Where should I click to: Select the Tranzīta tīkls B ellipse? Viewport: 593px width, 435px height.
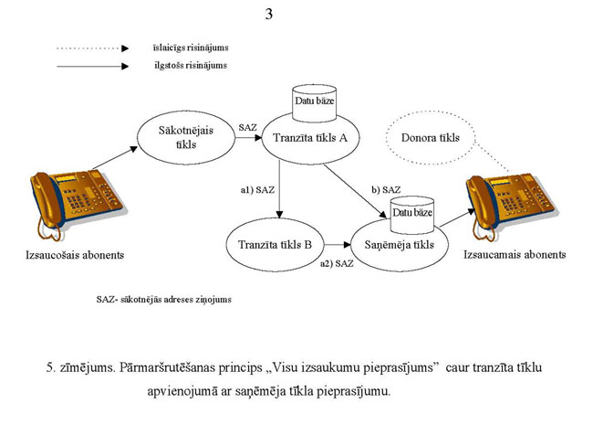coord(275,245)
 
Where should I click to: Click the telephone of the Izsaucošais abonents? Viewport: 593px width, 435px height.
coord(66,202)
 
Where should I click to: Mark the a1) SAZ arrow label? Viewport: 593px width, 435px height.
coord(258,190)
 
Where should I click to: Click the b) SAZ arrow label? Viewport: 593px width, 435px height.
coord(386,189)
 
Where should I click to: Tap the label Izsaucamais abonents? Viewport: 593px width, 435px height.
coord(515,253)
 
